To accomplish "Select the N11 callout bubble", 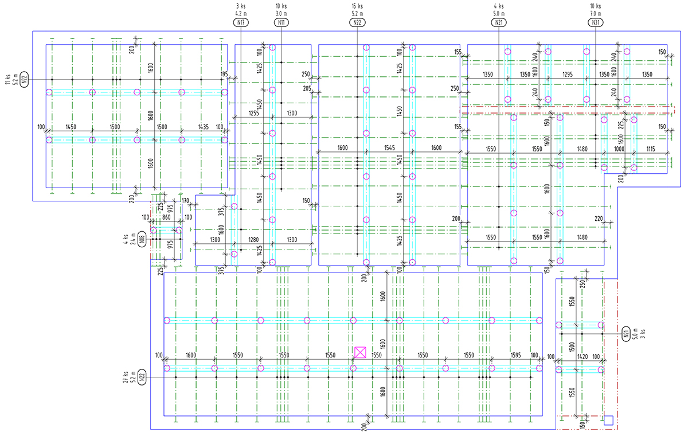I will (x=282, y=22).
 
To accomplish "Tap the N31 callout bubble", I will (x=595, y=22).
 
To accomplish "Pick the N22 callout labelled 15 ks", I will (x=357, y=22).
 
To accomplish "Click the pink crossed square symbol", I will (x=360, y=352).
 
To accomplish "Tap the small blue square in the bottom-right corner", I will (x=609, y=420).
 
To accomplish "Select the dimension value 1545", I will (x=389, y=148).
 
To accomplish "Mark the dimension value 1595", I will (x=515, y=355).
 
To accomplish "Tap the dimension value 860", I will (x=167, y=218).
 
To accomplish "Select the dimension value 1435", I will (x=203, y=126).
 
